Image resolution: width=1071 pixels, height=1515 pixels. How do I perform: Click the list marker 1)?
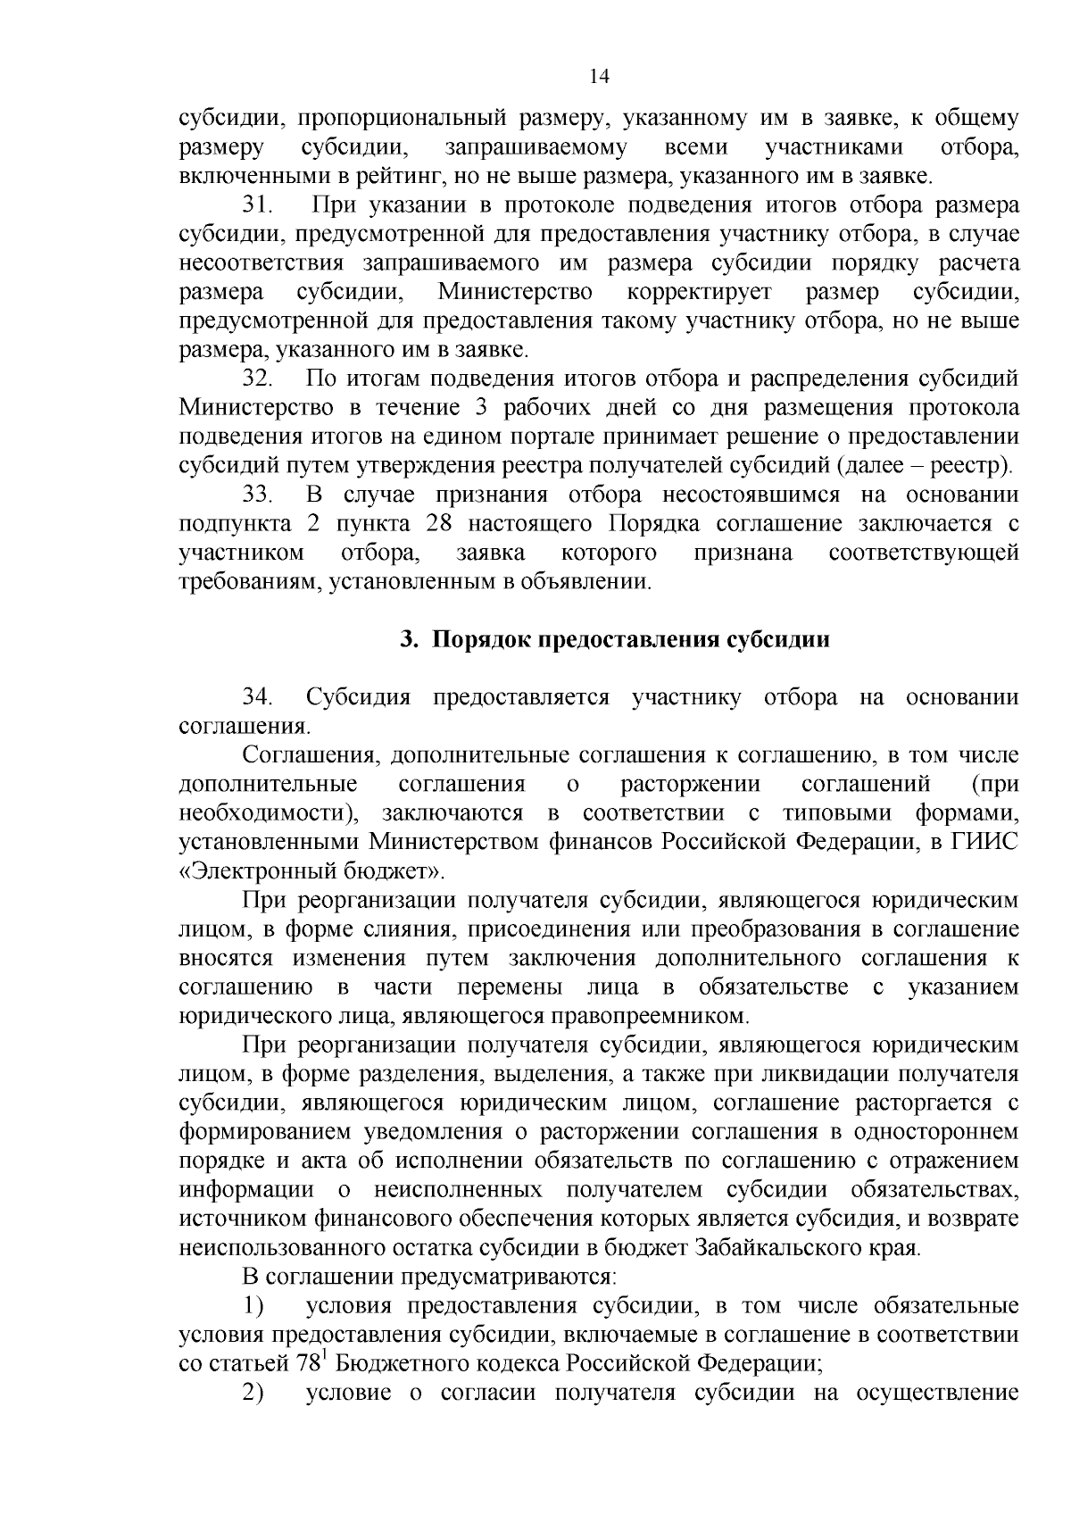pyautogui.click(x=255, y=1307)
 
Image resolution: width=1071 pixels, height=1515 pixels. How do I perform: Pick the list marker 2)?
pyautogui.click(x=255, y=1394)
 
